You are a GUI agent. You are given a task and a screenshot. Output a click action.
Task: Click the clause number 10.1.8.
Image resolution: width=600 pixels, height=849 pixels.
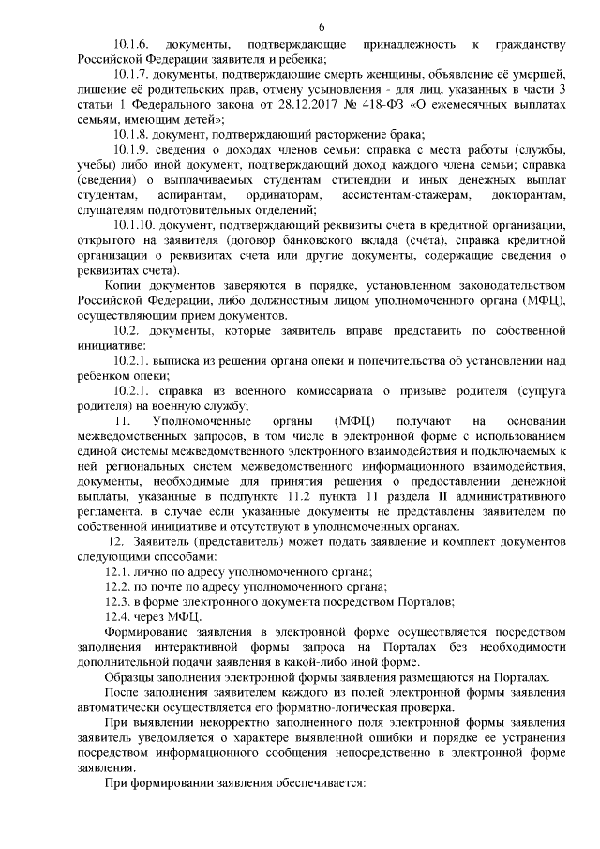(130, 134)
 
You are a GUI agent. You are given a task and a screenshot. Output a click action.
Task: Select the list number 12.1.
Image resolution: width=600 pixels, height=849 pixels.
(120, 570)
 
